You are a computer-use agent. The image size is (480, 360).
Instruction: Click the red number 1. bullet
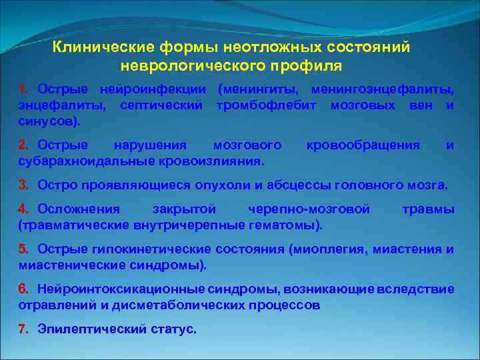click(24, 89)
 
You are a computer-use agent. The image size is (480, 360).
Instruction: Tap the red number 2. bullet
click(24, 145)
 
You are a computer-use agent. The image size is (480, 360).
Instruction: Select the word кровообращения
click(363, 145)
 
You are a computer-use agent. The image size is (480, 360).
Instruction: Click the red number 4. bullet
click(24, 209)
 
